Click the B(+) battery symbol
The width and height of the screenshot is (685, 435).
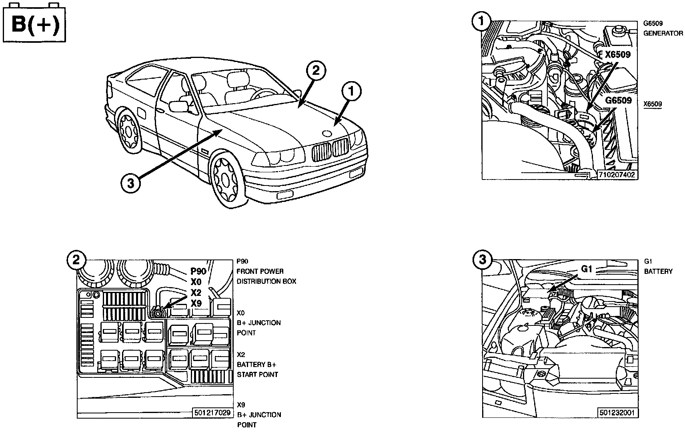(34, 23)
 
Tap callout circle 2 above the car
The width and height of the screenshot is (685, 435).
(316, 71)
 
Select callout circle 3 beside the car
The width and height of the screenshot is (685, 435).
(130, 184)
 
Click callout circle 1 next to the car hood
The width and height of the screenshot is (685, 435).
(351, 91)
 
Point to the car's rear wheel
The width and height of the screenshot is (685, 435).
(128, 132)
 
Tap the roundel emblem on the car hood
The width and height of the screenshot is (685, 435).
(327, 134)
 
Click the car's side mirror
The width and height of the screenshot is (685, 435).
(178, 106)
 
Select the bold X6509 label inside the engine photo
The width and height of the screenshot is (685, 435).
(618, 54)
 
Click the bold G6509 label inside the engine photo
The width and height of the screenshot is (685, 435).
(618, 100)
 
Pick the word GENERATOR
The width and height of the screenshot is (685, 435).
(663, 33)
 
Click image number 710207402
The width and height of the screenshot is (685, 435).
(617, 175)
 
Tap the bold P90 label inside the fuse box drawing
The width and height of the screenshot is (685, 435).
(198, 271)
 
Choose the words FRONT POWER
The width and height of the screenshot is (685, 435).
(260, 271)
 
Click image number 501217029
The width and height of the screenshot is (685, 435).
(212, 413)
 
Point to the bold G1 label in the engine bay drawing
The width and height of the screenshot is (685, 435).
(587, 269)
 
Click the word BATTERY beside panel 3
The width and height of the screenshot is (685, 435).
(659, 271)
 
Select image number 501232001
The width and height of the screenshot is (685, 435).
(617, 413)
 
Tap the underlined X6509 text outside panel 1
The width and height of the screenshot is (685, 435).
(653, 104)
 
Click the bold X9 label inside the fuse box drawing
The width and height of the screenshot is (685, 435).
(196, 303)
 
